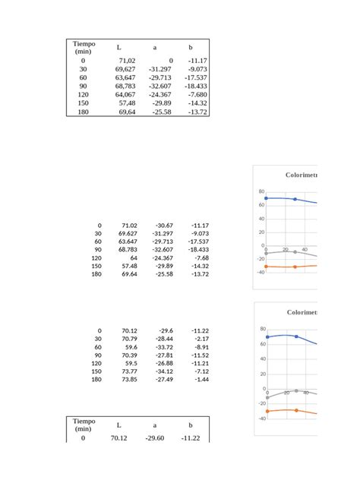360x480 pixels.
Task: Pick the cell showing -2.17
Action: (201, 339)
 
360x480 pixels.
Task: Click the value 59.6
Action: (131, 347)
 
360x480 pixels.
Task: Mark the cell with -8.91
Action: (201, 347)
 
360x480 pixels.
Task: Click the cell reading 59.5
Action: (131, 363)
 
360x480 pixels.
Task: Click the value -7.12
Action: (201, 371)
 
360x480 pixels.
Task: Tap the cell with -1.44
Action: (201, 379)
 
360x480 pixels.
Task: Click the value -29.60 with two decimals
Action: (154, 438)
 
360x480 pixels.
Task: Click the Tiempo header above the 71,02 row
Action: (84, 47)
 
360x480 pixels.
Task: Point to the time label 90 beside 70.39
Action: (98, 355)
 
